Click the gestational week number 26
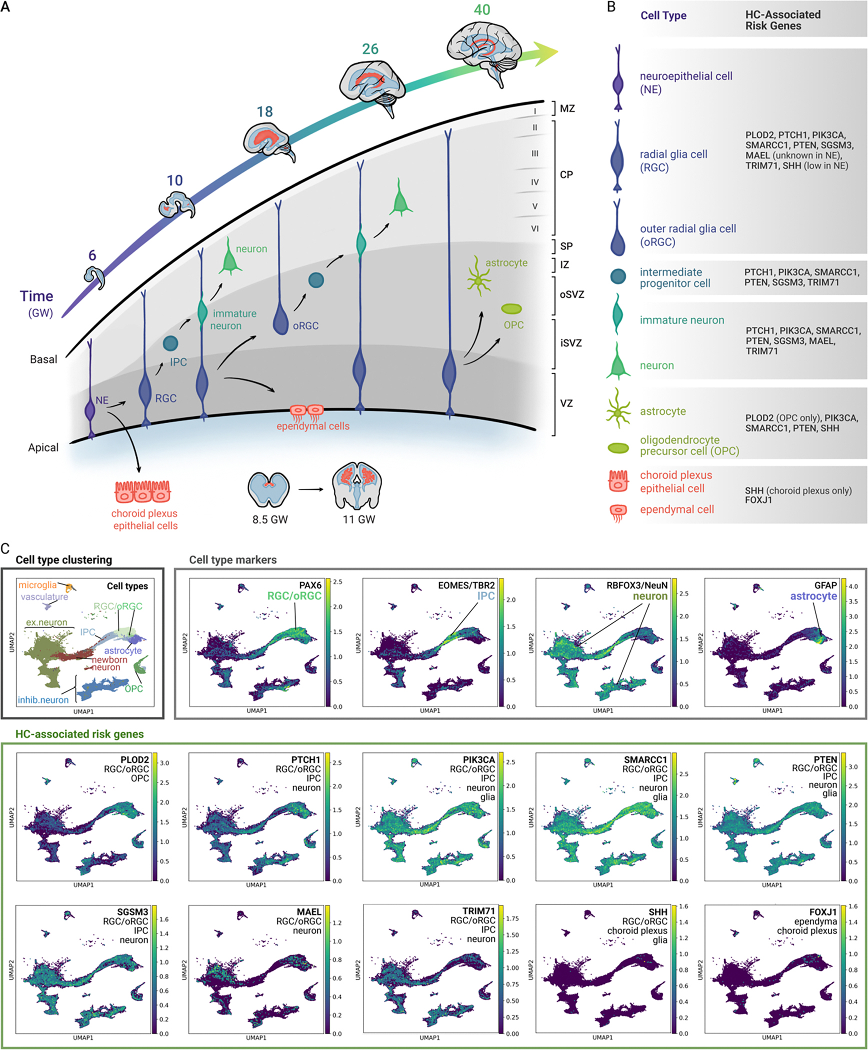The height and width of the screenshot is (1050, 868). pyautogui.click(x=370, y=49)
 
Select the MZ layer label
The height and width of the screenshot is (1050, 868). pyautogui.click(x=567, y=108)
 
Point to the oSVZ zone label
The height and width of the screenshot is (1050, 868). pyautogui.click(x=571, y=294)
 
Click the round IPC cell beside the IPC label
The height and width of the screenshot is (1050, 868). pyautogui.click(x=170, y=343)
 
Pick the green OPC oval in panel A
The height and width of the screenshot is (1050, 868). pyautogui.click(x=511, y=309)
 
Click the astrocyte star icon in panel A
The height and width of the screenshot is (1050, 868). pyautogui.click(x=478, y=281)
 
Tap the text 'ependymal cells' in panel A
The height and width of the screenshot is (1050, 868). pyautogui.click(x=313, y=426)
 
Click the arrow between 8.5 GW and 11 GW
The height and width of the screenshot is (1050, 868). pyautogui.click(x=311, y=489)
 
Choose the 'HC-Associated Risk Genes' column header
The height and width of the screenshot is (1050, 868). pyautogui.click(x=782, y=20)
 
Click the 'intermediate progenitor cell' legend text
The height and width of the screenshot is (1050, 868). pyautogui.click(x=674, y=277)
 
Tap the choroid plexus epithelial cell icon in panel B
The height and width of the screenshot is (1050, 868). pyautogui.click(x=618, y=481)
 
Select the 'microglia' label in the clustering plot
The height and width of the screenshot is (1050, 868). pyautogui.click(x=37, y=585)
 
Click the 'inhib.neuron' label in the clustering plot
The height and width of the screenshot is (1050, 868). pyautogui.click(x=43, y=700)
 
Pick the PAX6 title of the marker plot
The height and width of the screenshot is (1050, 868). pyautogui.click(x=310, y=585)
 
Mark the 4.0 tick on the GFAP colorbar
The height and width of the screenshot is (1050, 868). pyautogui.click(x=853, y=586)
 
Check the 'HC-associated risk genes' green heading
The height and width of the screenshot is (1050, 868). pyautogui.click(x=79, y=734)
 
